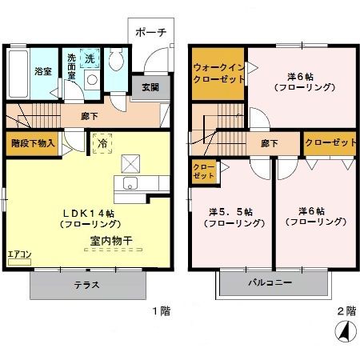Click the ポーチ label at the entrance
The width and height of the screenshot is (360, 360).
150,34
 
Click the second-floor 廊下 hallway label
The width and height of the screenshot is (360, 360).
269,143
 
